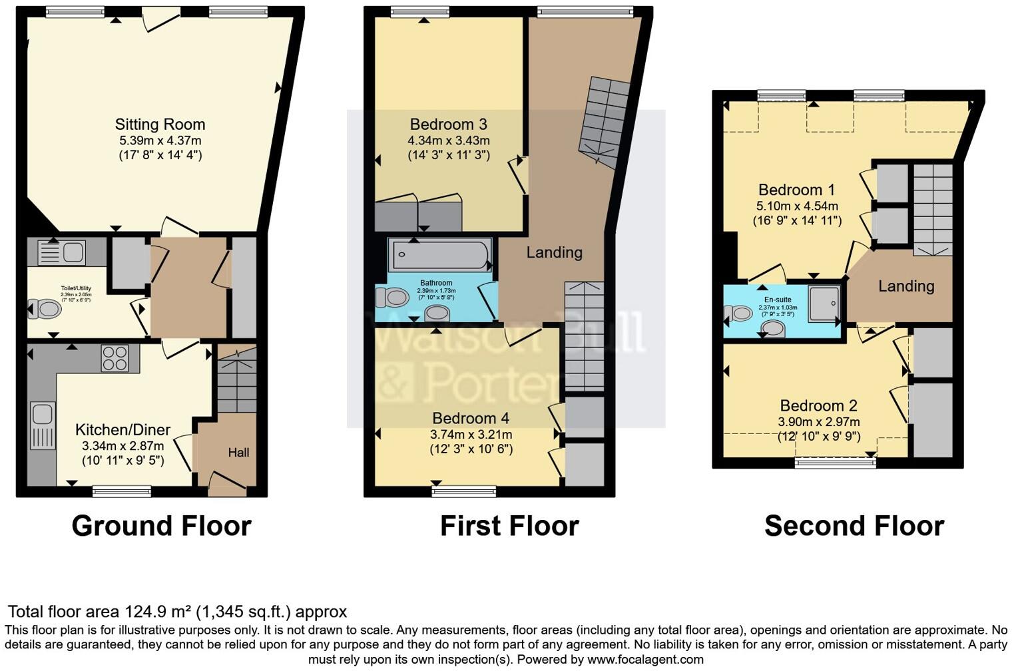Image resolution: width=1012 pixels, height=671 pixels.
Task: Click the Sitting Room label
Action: click(160, 124)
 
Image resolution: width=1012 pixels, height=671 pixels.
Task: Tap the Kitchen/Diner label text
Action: click(123, 430)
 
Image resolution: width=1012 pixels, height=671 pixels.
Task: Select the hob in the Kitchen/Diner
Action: click(115, 358)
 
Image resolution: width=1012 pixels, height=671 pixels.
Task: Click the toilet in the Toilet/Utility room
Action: click(45, 309)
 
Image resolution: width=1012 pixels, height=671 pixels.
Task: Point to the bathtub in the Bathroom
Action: click(440, 255)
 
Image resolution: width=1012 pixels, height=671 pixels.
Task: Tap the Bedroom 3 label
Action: click(448, 124)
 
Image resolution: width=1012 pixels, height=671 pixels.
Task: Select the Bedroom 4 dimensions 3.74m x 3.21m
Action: click(471, 435)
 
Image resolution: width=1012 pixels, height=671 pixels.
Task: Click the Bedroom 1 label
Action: click(796, 190)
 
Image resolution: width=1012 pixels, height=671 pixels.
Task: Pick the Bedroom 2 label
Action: click(818, 405)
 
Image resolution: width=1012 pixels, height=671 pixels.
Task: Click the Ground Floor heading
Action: click(161, 526)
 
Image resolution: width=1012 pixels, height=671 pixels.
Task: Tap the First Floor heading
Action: click(509, 526)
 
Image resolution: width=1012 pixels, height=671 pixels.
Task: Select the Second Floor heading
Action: click(854, 526)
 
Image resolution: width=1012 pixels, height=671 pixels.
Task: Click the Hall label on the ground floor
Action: click(238, 453)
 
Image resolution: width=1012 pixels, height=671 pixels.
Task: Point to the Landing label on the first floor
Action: click(554, 252)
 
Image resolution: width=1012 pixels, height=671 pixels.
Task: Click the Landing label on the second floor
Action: click(905, 286)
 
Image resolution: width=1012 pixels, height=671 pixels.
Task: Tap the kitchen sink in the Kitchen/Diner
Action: click(42, 426)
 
